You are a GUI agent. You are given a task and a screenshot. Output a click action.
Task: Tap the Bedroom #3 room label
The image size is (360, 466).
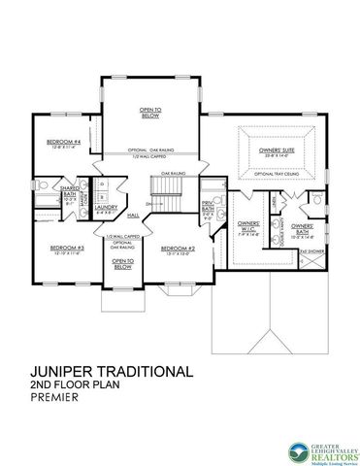tap(68, 248)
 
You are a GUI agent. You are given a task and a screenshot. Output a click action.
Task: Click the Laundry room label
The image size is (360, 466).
tap(106, 207)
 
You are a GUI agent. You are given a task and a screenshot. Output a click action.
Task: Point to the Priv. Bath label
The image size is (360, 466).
tap(207, 207)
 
